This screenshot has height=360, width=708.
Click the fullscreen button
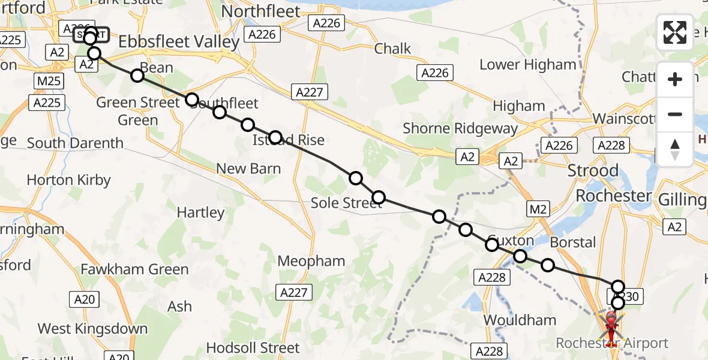pyautogui.click(x=675, y=32)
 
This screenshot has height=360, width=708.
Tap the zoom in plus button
pyautogui.click(x=675, y=79)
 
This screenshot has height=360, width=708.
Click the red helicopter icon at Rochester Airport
pyautogui.click(x=611, y=327)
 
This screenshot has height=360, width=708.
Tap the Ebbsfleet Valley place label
pyautogui.click(x=179, y=41)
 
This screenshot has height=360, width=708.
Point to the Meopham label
pyautogui.click(x=311, y=261)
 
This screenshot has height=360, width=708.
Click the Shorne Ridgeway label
pyautogui.click(x=460, y=128)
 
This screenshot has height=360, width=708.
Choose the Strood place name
pyautogui.click(x=593, y=170)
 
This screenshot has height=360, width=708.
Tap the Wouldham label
pyautogui.click(x=520, y=320)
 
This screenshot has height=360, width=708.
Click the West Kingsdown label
pyautogui.click(x=92, y=328)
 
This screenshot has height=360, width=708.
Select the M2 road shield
pyautogui.click(x=538, y=208)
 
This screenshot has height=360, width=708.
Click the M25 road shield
pyautogui.click(x=46, y=80)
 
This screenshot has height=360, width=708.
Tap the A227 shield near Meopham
pyautogui.click(x=295, y=292)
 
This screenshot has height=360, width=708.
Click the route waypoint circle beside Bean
pyautogui.click(x=137, y=75)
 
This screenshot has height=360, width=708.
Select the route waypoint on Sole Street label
pyautogui.click(x=379, y=197)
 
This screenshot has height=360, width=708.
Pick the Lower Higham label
pyautogui.click(x=528, y=64)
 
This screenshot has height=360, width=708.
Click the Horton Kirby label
pyautogui.click(x=69, y=179)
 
